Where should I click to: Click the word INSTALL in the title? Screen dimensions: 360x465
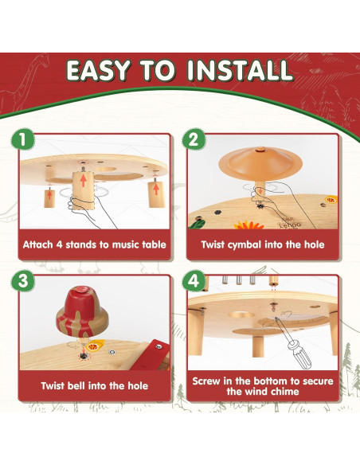(241, 70)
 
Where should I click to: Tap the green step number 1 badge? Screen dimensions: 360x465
(23, 139)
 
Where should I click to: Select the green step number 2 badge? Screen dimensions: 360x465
(194, 139)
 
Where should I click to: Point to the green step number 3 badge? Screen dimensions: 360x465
(23, 280)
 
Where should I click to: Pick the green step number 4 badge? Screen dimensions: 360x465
(194, 280)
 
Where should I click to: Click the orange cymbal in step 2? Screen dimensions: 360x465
(260, 164)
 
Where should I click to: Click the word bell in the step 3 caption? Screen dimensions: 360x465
(76, 385)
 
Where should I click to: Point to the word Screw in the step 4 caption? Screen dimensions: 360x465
(205, 381)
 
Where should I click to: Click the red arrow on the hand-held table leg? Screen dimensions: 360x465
(84, 181)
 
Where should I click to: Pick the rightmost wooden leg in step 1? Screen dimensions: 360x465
(155, 194)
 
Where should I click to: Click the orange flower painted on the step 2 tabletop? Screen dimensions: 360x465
(248, 225)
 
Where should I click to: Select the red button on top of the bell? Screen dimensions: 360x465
(83, 290)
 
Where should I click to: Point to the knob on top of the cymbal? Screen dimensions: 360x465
(260, 150)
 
